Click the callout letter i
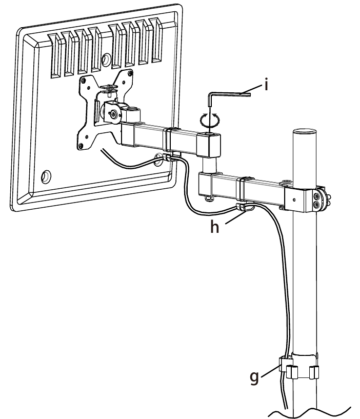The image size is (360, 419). (x=266, y=85)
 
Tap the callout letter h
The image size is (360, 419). (x=214, y=227)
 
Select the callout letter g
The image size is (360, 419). (x=254, y=377)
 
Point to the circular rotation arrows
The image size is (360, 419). (x=210, y=119)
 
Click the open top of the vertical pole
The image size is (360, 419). (x=305, y=132)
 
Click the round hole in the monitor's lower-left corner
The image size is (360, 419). (x=46, y=176)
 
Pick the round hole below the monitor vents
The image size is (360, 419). (x=107, y=59)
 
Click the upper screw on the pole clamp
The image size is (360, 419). (x=316, y=196)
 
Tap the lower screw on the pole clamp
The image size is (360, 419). (x=317, y=205)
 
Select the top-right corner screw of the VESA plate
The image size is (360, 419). (x=130, y=73)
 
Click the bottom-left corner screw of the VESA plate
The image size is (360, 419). (x=81, y=146)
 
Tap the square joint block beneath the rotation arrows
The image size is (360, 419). (x=209, y=145)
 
